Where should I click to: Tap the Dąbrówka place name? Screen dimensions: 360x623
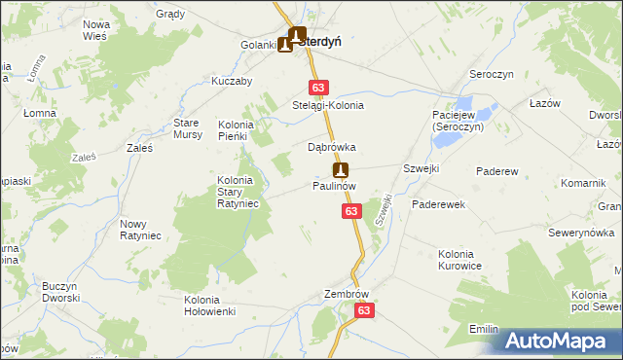(x=332, y=147)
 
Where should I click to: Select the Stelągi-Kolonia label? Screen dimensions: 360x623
(x=328, y=105)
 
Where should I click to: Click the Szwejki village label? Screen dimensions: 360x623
(x=421, y=167)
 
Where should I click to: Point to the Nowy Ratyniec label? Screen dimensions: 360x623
(x=140, y=230)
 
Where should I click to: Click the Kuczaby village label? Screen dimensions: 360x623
(x=232, y=81)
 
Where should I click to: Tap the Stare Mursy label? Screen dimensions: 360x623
(x=187, y=128)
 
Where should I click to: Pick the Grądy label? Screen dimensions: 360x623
(x=170, y=15)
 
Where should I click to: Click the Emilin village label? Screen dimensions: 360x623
(x=484, y=330)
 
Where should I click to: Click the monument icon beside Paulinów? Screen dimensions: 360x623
(x=340, y=169)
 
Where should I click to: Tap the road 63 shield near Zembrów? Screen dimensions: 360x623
(x=364, y=310)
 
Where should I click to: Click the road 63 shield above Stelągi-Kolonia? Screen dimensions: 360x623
(x=318, y=87)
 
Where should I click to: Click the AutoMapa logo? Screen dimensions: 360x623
(x=562, y=340)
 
